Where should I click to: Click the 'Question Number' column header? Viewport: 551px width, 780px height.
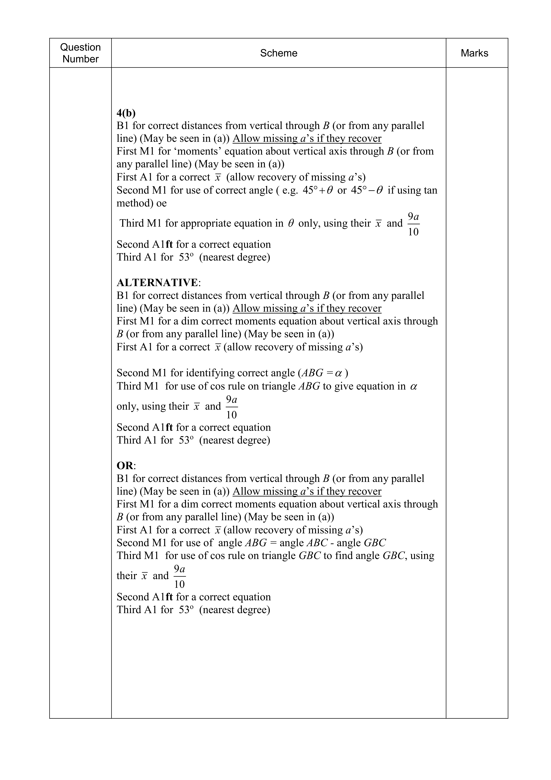click(80, 53)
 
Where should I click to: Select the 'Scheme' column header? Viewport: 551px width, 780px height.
click(279, 53)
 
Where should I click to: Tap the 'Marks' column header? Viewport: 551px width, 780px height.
click(474, 53)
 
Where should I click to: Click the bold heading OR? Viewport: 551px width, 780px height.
click(125, 465)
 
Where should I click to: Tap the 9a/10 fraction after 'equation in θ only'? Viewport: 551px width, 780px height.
click(413, 224)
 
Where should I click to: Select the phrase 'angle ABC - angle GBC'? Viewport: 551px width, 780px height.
click(333, 543)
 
